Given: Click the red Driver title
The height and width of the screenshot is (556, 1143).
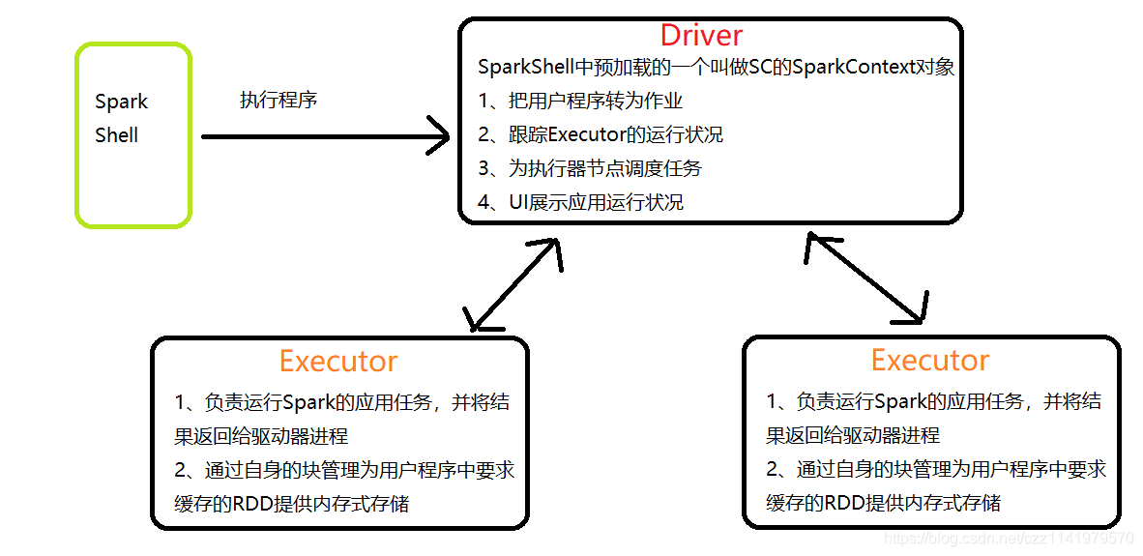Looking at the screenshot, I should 701,36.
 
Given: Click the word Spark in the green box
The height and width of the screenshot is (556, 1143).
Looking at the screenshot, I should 122,102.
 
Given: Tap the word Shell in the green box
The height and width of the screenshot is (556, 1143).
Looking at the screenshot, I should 117,135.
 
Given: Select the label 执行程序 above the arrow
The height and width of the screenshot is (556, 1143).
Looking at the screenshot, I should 278,100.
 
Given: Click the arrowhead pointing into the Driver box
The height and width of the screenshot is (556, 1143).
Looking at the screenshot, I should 440,137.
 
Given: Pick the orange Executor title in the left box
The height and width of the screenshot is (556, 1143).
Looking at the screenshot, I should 338,362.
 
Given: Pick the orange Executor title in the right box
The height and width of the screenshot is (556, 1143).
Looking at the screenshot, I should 930,361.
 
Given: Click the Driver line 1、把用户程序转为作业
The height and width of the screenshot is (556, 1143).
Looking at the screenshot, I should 581,101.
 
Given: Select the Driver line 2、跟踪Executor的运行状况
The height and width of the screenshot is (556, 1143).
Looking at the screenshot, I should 601,134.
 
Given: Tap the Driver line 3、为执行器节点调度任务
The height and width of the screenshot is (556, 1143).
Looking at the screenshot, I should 590,168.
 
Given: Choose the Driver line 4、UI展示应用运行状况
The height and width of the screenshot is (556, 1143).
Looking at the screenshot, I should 581,202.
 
